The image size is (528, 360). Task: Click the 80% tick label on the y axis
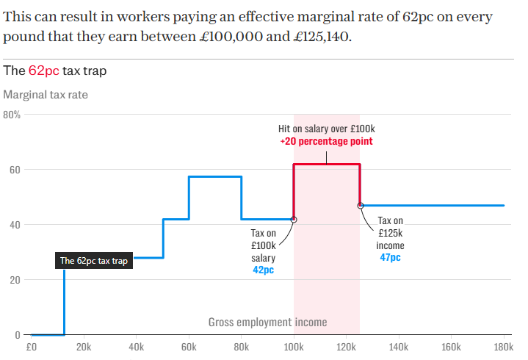pyautogui.click(x=12, y=115)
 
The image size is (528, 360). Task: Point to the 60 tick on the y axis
pyautogui.click(x=15, y=170)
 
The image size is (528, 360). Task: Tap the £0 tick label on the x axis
pyautogui.click(x=32, y=347)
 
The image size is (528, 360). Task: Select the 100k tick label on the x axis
pyautogui.click(x=294, y=347)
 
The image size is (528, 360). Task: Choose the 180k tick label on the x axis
pyautogui.click(x=503, y=347)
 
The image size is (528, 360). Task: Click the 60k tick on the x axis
pyautogui.click(x=189, y=347)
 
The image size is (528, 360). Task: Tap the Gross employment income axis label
pyautogui.click(x=267, y=322)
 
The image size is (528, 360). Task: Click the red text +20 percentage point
pyautogui.click(x=326, y=141)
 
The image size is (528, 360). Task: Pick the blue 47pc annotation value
pyautogui.click(x=390, y=258)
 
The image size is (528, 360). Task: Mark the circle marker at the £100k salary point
pyautogui.click(x=294, y=219)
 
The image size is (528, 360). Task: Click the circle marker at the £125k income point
pyautogui.click(x=360, y=206)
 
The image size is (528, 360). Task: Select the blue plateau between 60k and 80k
pyautogui.click(x=215, y=176)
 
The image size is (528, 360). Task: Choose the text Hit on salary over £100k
pyautogui.click(x=326, y=129)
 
